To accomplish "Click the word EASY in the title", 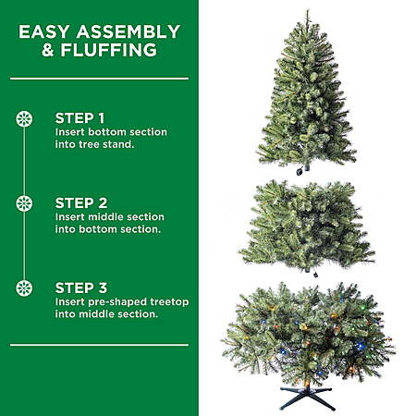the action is (44, 31).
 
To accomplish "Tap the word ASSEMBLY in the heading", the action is (128, 31).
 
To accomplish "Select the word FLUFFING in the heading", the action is (109, 50).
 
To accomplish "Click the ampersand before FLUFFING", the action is (48, 50).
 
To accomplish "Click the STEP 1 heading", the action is (80, 118).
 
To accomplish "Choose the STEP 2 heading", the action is (81, 203).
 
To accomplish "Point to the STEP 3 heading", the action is (81, 288).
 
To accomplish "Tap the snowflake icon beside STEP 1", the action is (24, 119).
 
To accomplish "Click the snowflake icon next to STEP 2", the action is (24, 203).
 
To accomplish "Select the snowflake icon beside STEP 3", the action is (24, 288).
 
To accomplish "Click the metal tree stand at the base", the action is (307, 396).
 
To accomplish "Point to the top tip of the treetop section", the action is (307, 10).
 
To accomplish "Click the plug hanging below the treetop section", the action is (300, 172).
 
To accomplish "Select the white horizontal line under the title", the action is (99, 79).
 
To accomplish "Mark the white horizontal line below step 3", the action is (99, 345).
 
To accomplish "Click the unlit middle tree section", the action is (307, 226).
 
